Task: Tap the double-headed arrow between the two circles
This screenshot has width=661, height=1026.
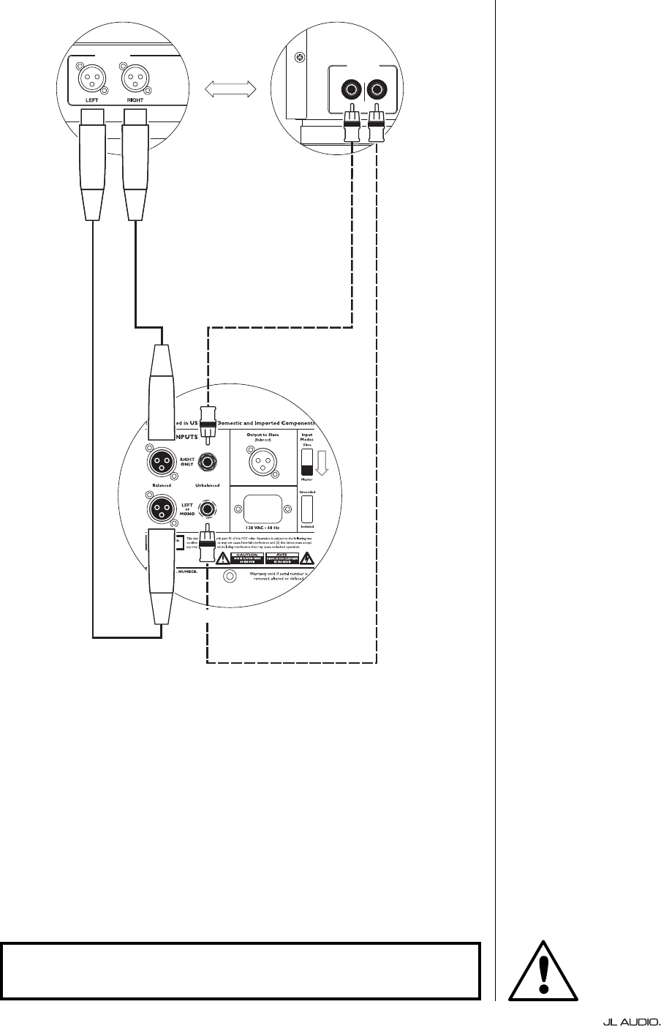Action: [230, 89]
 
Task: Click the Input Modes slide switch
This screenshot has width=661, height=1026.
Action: [307, 463]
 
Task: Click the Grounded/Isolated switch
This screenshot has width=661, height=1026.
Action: [307, 509]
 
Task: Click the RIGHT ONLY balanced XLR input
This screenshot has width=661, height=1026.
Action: [161, 462]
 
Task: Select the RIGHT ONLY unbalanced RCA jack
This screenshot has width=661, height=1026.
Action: [208, 463]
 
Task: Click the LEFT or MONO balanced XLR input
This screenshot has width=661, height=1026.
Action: [161, 508]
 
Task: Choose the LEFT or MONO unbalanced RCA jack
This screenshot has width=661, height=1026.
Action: [209, 509]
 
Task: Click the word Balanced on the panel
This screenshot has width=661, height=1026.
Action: [162, 484]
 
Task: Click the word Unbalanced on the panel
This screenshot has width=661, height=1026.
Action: [208, 484]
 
